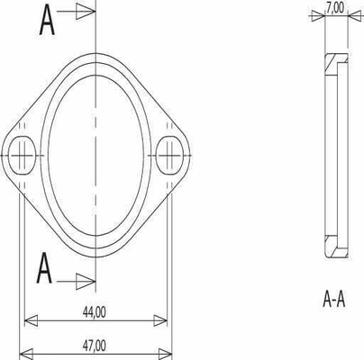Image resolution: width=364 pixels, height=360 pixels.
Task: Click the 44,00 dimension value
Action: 94,312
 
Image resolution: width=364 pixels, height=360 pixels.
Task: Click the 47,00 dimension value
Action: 94,346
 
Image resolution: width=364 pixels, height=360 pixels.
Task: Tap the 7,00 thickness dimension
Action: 334,7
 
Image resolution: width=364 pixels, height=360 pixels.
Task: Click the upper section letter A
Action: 47,21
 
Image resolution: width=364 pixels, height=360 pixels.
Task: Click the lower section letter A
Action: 44,268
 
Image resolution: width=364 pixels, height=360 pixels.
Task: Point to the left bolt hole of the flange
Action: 22,156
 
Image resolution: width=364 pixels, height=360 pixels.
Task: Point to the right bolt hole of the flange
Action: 170,156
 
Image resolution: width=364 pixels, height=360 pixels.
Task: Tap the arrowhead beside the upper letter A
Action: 86,12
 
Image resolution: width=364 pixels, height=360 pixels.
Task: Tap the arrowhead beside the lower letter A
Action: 86,282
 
